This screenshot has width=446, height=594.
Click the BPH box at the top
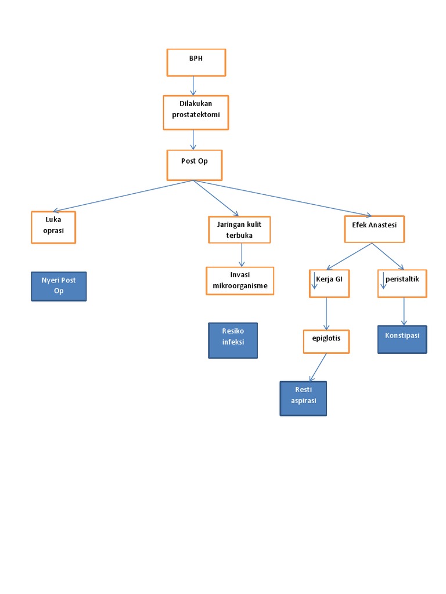pyautogui.click(x=196, y=63)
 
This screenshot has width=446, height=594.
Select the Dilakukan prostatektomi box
pyautogui.click(x=196, y=112)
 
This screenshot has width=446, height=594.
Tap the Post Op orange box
pyautogui.click(x=195, y=165)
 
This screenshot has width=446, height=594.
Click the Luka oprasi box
pyautogui.click(x=53, y=227)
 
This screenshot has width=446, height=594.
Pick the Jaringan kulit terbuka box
pyautogui.click(x=239, y=229)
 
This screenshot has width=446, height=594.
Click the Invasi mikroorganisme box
pyautogui.click(x=240, y=281)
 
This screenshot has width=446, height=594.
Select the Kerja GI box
pyautogui.click(x=329, y=284)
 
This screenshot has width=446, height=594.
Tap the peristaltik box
pyautogui.click(x=402, y=284)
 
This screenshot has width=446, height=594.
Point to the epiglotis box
pyautogui.click(x=326, y=341)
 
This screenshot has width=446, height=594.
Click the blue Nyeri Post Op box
pyautogui.click(x=59, y=286)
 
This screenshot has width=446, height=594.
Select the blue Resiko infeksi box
pyautogui.click(x=233, y=341)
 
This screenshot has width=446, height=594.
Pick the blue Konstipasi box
pyautogui.click(x=402, y=339)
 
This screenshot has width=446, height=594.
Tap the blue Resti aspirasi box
pyautogui.click(x=303, y=398)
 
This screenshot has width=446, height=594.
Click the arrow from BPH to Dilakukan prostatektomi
pyautogui.click(x=193, y=85)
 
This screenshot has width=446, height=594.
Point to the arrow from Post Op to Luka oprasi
pyautogui.click(x=122, y=195)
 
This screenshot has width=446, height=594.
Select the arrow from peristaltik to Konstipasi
pyautogui.click(x=404, y=312)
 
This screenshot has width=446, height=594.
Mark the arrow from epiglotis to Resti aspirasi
pyautogui.click(x=318, y=367)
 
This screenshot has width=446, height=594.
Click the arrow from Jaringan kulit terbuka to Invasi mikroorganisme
pyautogui.click(x=242, y=255)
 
